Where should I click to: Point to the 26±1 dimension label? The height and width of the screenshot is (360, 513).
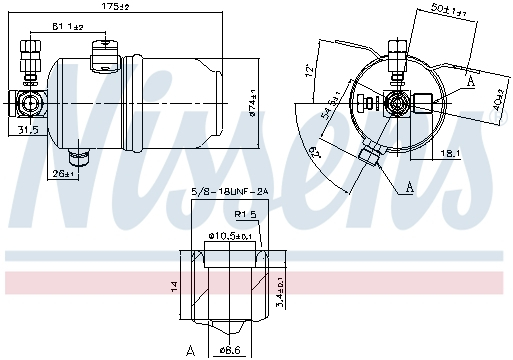point(63,174)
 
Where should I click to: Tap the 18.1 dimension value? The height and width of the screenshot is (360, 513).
point(449,153)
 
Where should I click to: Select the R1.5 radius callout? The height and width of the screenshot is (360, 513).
point(245,214)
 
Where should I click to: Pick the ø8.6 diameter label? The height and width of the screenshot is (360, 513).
point(231,350)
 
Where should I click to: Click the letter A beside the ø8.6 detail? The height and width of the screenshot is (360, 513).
point(188,349)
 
